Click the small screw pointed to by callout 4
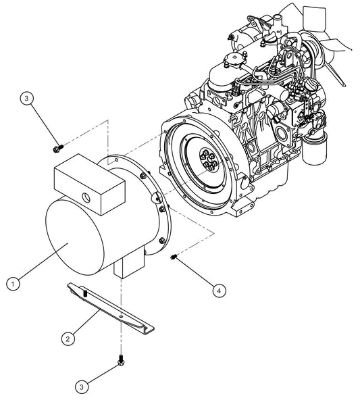click(x=174, y=255)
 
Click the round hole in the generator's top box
click(x=86, y=196)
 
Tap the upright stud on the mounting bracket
click(x=88, y=292)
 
